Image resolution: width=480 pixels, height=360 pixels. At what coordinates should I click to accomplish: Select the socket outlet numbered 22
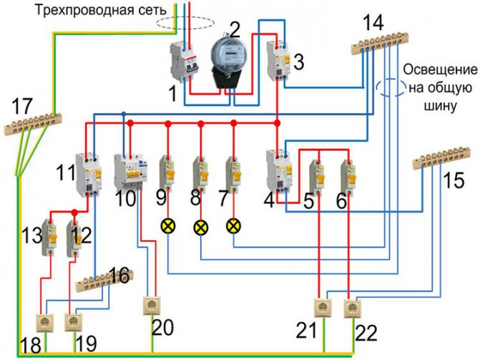point(351,308)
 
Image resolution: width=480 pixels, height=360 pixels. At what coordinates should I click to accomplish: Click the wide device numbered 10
point(129,173)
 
